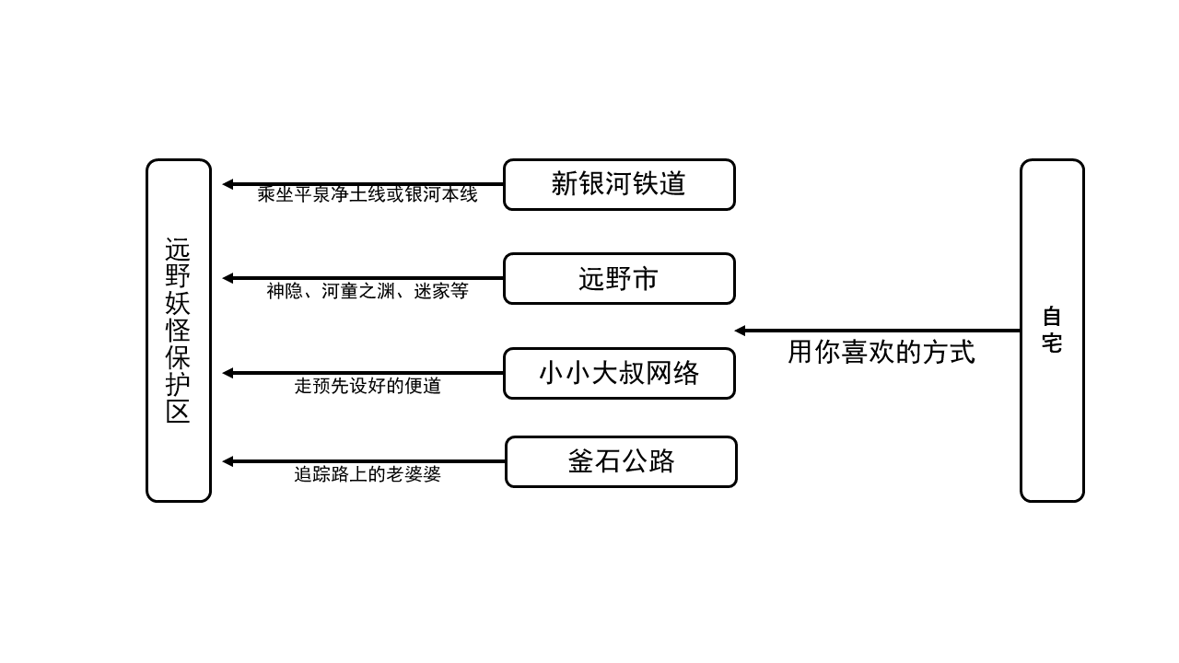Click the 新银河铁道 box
pyautogui.click(x=619, y=184)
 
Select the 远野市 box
pyautogui.click(x=619, y=278)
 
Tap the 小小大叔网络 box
pyautogui.click(x=619, y=373)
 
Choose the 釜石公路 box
pyautogui.click(x=621, y=461)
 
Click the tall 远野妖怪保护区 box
pyautogui.click(x=179, y=331)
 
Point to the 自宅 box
pyautogui.click(x=1052, y=331)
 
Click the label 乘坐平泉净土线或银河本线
pyautogui.click(x=368, y=195)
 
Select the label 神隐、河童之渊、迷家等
pyautogui.click(x=368, y=291)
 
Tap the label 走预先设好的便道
pyautogui.click(x=368, y=386)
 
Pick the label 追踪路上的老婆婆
pyautogui.click(x=368, y=474)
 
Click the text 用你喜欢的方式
pyautogui.click(x=881, y=352)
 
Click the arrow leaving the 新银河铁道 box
pyautogui.click(x=368, y=184)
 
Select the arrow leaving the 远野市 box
pyautogui.click(x=368, y=278)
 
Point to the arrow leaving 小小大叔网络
pyautogui.click(x=368, y=373)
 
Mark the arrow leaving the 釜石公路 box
pyautogui.click(x=368, y=461)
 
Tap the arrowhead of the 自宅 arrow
pyautogui.click(x=740, y=331)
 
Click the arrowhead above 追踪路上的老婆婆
pyautogui.click(x=228, y=461)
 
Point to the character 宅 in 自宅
pyautogui.click(x=1052, y=344)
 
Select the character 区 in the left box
pyautogui.click(x=178, y=411)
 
